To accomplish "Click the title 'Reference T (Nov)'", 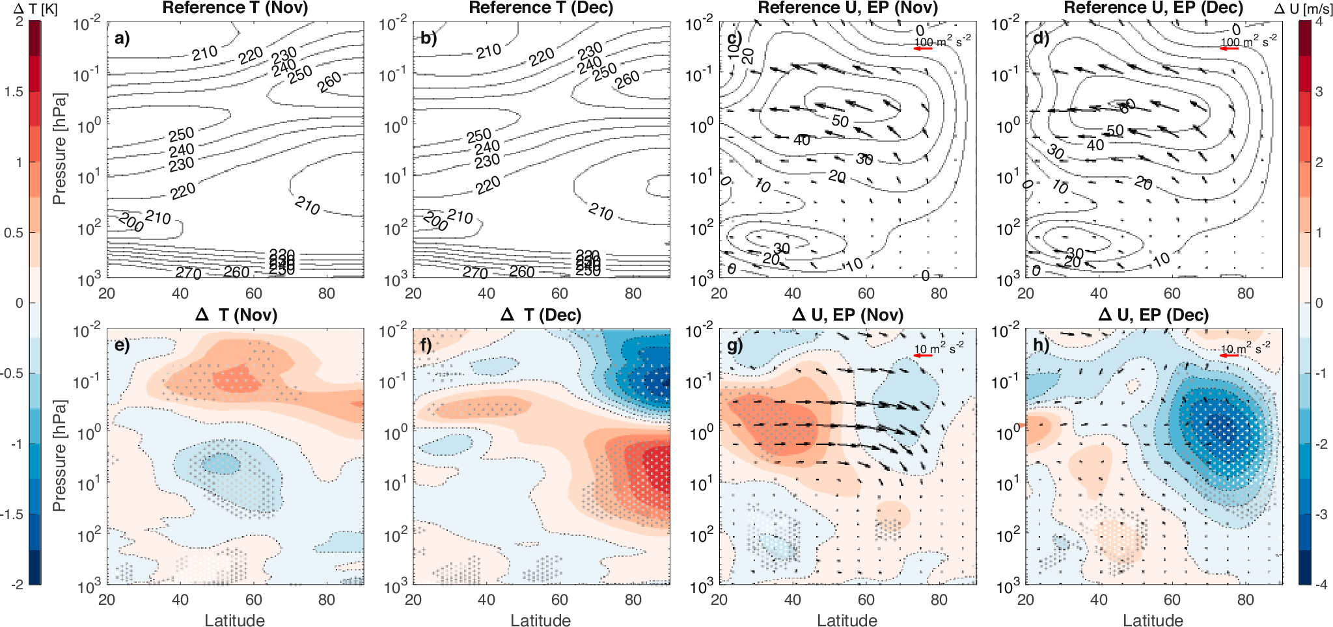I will pyautogui.click(x=235, y=8).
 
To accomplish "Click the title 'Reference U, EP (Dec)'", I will pyautogui.click(x=1153, y=8).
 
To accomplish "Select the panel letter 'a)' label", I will pyautogui.click(x=122, y=38).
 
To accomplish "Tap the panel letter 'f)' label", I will pyautogui.click(x=427, y=345).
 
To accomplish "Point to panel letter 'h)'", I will pyautogui.click(x=1041, y=345).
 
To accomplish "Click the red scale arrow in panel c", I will pyautogui.click(x=923, y=49).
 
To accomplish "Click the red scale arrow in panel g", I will pyautogui.click(x=923, y=356).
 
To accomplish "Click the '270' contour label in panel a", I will pyautogui.click(x=188, y=273).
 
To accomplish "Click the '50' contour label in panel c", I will pyautogui.click(x=840, y=121).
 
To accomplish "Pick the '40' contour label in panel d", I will pyautogui.click(x=1095, y=145).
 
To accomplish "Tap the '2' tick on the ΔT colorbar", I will pyautogui.click(x=20, y=21).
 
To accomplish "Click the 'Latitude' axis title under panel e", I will pyautogui.click(x=234, y=620).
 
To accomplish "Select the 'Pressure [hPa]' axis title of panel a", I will pyautogui.click(x=59, y=149).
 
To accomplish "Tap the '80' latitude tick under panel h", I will pyautogui.click(x=1245, y=600).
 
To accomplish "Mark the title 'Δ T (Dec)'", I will pyautogui.click(x=541, y=315).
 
